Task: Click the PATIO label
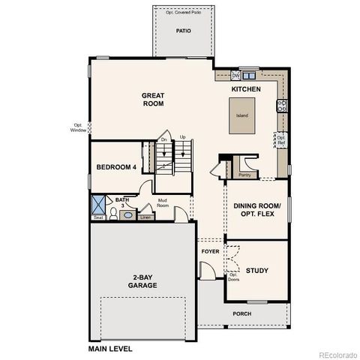click(x=183, y=31)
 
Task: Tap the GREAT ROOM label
click(x=153, y=100)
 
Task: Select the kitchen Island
click(x=242, y=115)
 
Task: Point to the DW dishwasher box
click(x=235, y=75)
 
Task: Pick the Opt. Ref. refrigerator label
click(x=280, y=140)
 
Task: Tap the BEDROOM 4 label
click(x=116, y=167)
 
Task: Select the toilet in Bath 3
click(x=113, y=214)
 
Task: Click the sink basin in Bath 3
click(x=128, y=214)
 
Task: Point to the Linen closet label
click(x=145, y=217)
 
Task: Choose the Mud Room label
click(x=163, y=202)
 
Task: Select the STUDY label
click(x=257, y=270)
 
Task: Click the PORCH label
click(x=241, y=313)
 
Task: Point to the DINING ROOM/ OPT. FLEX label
click(x=257, y=209)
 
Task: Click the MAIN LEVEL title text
click(x=110, y=349)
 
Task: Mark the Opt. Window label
click(x=79, y=127)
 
